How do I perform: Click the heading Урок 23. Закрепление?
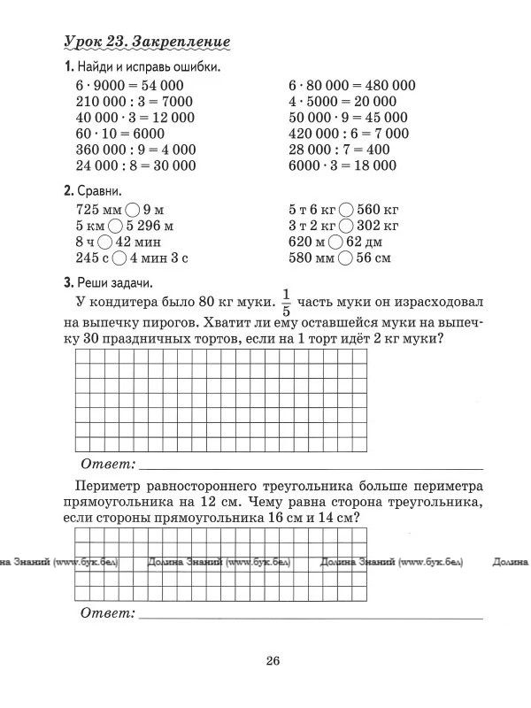coord(148,42)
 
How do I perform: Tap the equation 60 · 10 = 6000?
coord(115,133)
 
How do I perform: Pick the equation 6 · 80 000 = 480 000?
coord(351,85)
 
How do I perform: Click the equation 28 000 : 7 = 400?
coord(339,149)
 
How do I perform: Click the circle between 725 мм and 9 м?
coord(133,211)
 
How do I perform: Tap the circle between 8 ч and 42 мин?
coord(104,242)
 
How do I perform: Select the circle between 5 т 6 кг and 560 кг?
coord(346,211)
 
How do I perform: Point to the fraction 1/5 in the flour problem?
coord(285,302)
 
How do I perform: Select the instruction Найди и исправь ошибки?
coord(148,67)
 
